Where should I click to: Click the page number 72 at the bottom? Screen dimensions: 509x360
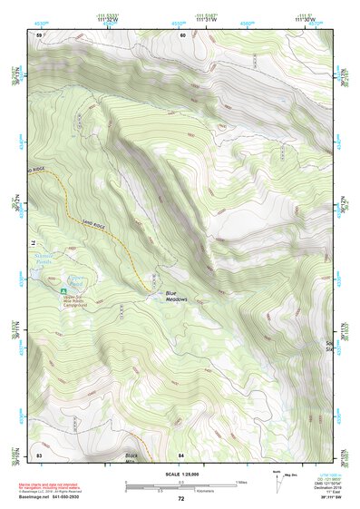[x=180, y=499]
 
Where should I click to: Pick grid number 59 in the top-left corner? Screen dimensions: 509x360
[x=39, y=34]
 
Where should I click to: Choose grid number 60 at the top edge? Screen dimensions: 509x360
[x=182, y=34]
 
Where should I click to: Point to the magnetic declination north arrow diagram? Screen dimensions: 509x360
[x=277, y=478]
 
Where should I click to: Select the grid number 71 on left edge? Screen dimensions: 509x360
[x=34, y=243]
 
